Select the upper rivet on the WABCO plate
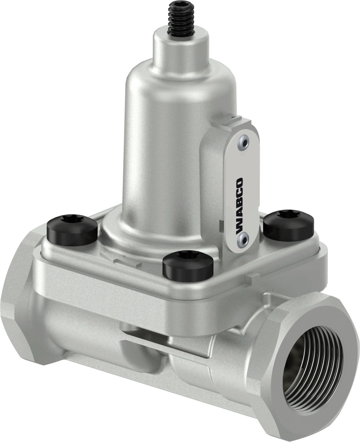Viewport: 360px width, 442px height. tap(245, 142)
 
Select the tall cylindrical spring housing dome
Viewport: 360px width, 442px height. tap(168, 136)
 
